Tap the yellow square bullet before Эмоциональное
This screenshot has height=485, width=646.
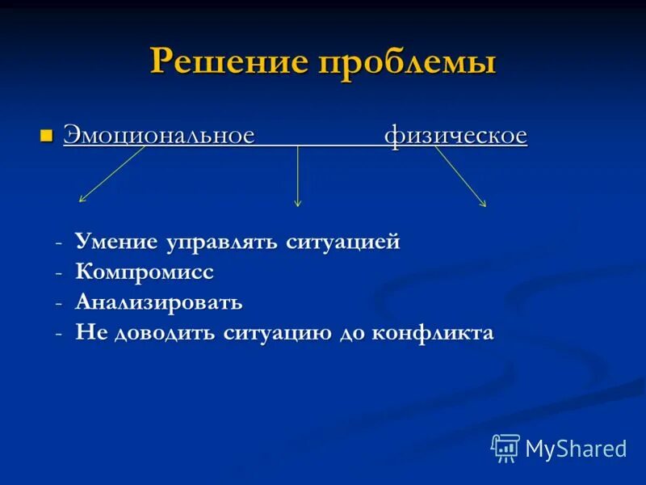(47, 134)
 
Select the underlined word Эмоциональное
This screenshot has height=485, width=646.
(159, 135)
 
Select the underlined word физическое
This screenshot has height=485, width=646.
(455, 135)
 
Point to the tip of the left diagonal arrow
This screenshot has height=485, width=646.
(79, 200)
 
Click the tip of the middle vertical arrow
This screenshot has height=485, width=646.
(298, 205)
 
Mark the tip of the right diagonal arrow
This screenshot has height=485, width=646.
(485, 206)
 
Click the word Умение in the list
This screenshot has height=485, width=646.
(118, 242)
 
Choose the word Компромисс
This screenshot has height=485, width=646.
(145, 272)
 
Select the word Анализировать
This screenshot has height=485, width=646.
(159, 303)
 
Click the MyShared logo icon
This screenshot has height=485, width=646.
(505, 447)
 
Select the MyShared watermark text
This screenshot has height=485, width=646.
(576, 449)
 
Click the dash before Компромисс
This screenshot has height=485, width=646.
(59, 273)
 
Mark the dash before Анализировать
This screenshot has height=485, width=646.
(59, 304)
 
